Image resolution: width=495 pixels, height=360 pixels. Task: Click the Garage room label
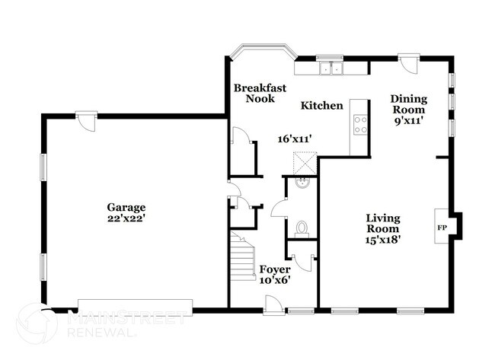(x=126, y=207)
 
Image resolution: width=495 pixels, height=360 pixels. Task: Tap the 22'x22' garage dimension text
(x=126, y=218)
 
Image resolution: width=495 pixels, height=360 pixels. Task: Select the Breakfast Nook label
(x=260, y=93)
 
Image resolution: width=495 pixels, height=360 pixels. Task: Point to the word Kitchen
(x=321, y=106)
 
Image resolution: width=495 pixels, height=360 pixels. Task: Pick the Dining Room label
(x=409, y=104)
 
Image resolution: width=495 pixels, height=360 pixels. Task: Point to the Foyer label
(x=274, y=269)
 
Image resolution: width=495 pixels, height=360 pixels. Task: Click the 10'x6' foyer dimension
(x=274, y=280)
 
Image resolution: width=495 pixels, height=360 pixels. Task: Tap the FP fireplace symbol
(x=442, y=227)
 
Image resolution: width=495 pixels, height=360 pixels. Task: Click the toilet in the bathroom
(x=301, y=227)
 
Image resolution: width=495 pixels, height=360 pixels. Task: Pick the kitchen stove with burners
(x=359, y=125)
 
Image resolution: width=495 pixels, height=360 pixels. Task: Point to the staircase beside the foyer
(x=243, y=259)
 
